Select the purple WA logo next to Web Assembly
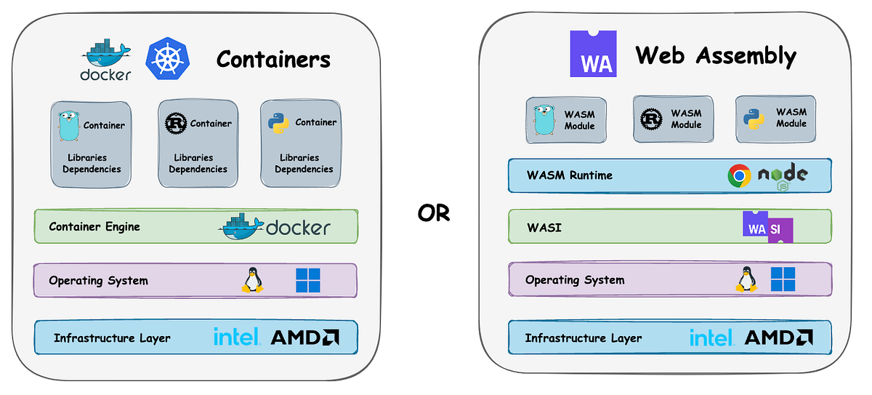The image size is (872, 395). coord(593,54)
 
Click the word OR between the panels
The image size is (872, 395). coord(433,212)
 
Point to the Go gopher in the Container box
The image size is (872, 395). coord(68,126)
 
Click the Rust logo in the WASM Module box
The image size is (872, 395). coord(651,119)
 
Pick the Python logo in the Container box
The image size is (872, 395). coord(278,123)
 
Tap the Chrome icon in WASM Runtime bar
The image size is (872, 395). coord(739,176)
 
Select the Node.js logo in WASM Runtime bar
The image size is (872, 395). coord(783,177)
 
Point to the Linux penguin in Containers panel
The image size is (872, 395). coord(251,280)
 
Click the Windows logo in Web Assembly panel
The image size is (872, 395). coord(783,279)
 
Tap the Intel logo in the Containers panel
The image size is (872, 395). coord(237,337)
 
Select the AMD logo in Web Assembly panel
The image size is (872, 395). coord(778,338)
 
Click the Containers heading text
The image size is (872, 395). coord(273,59)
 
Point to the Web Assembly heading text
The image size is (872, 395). coord(716,55)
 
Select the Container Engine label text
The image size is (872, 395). coord(94,227)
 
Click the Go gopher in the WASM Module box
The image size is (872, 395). coord(544,120)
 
